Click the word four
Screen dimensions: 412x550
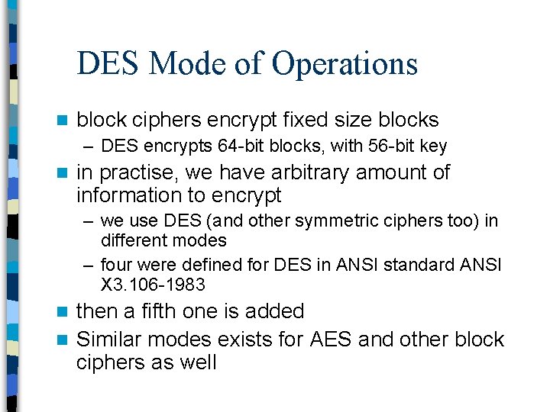116,266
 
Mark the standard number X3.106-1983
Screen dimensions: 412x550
153,285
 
